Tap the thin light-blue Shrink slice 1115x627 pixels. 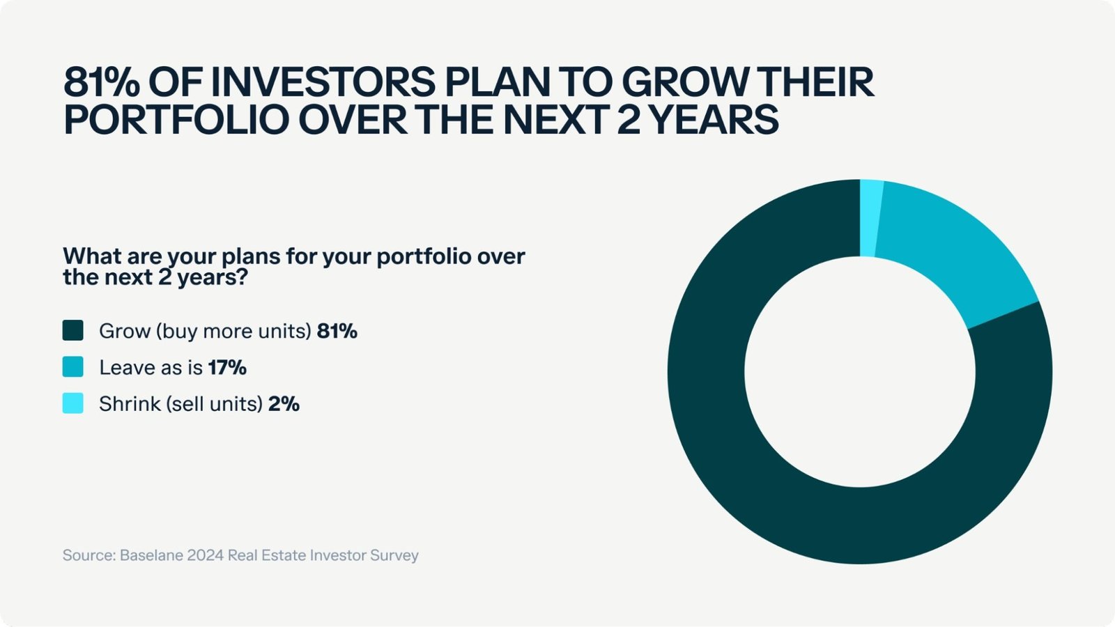[x=870, y=218]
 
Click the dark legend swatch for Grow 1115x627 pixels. [x=72, y=330]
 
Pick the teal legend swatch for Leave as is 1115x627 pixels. [x=72, y=366]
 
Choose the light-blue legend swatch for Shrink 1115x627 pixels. [x=72, y=403]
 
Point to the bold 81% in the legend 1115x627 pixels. [x=337, y=331]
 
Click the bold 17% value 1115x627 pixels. [x=227, y=368]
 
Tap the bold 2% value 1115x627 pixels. [x=284, y=404]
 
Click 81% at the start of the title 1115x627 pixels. [x=102, y=82]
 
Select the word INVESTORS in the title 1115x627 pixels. [x=323, y=82]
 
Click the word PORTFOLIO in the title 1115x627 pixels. [x=177, y=120]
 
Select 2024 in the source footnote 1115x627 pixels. [x=205, y=555]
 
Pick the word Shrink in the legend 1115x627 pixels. [x=130, y=404]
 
